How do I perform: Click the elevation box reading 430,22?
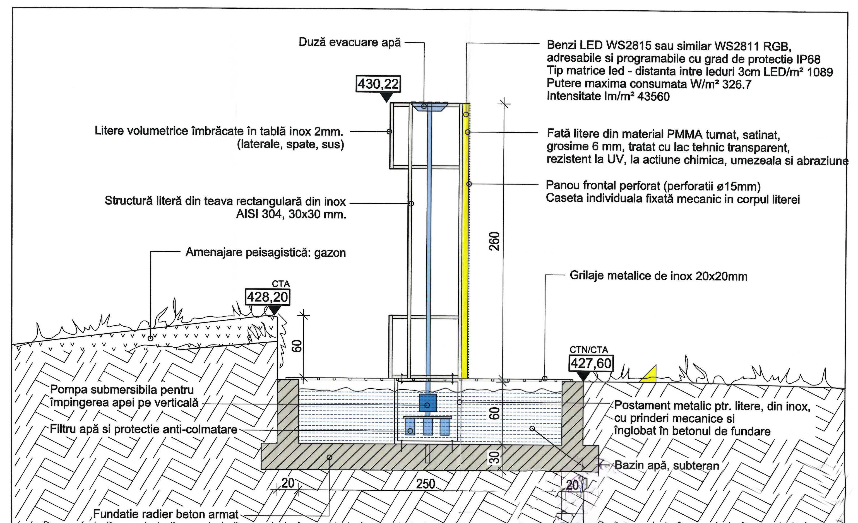[378, 84]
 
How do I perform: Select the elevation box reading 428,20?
[267, 297]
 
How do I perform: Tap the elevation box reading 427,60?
[591, 363]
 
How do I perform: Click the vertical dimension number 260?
[494, 241]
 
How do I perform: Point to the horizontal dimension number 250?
[426, 484]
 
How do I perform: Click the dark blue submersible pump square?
[428, 403]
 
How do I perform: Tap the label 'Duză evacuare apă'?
[350, 42]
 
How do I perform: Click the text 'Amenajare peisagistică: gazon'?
[266, 252]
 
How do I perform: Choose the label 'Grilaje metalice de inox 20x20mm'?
[658, 276]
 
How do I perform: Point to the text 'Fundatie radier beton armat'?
[166, 514]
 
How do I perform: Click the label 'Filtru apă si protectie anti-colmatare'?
[143, 429]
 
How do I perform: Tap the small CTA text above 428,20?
[281, 284]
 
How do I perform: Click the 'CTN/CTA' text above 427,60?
[588, 350]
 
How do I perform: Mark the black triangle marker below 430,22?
[386, 97]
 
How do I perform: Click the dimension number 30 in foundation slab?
[494, 457]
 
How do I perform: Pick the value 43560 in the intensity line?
[653, 97]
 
